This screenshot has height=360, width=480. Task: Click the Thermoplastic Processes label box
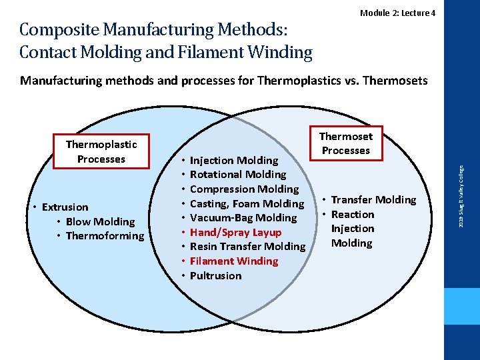(x=101, y=151)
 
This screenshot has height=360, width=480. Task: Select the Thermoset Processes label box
(x=346, y=143)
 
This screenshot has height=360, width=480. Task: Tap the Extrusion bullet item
(x=65, y=207)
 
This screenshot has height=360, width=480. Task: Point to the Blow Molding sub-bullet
(x=100, y=221)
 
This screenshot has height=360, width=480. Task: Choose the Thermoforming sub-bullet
(x=105, y=236)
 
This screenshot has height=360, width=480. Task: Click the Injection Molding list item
(x=234, y=160)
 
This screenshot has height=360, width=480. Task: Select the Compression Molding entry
(x=244, y=189)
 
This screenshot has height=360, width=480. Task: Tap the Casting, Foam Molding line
(x=247, y=203)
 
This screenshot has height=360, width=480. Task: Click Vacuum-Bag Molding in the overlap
(x=243, y=218)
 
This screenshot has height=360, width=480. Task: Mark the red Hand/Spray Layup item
(x=235, y=233)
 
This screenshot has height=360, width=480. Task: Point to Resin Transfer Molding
(x=247, y=247)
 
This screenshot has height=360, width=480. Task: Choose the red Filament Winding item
(x=234, y=261)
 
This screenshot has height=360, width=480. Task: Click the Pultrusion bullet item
(x=215, y=276)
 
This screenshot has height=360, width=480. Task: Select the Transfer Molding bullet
(x=373, y=200)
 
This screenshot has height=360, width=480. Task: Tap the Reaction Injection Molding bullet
(x=353, y=229)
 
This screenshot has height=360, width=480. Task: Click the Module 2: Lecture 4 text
(x=398, y=13)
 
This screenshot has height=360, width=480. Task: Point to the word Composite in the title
(x=59, y=30)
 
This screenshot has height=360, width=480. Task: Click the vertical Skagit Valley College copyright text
(x=461, y=194)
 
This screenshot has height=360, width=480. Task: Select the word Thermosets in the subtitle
(x=394, y=81)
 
